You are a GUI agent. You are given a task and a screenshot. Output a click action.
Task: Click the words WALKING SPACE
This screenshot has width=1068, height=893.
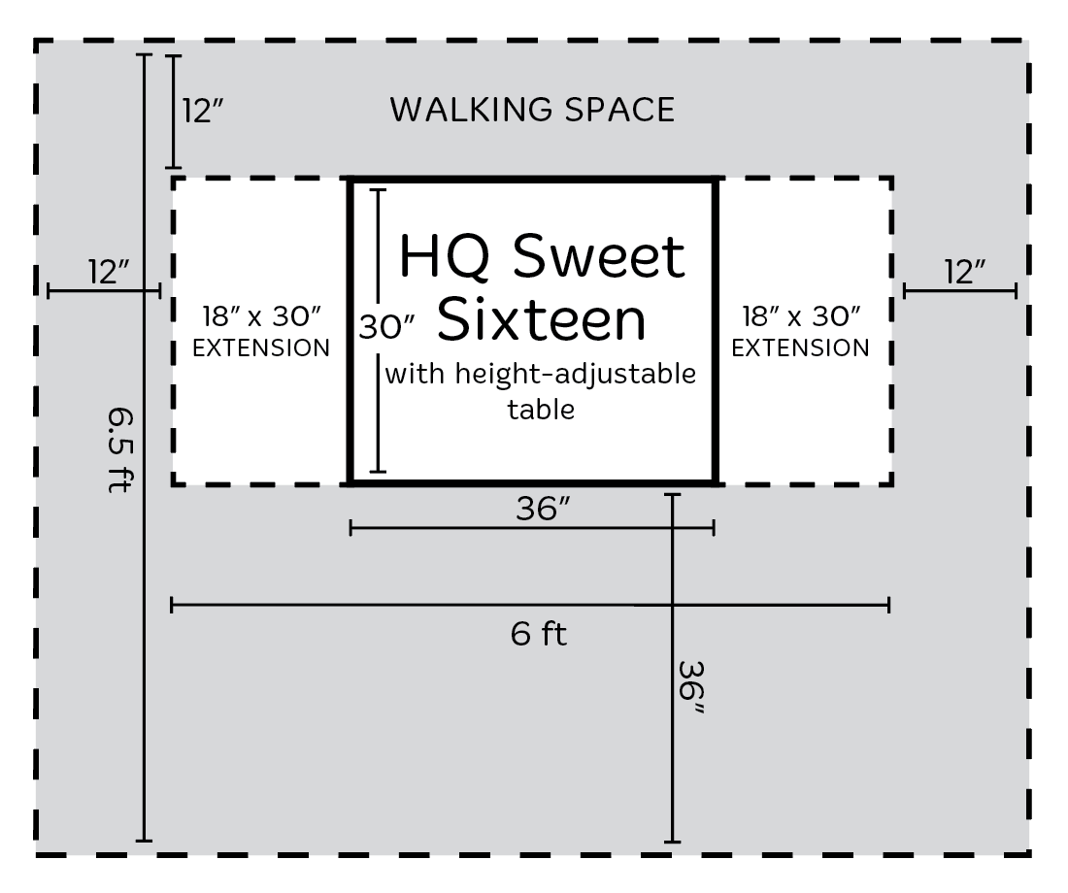(532, 110)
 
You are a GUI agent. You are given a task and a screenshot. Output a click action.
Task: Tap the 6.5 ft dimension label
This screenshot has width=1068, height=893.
(119, 449)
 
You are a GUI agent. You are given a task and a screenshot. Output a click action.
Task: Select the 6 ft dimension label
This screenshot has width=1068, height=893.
(538, 635)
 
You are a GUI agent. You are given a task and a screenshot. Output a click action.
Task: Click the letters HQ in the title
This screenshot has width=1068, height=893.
(444, 257)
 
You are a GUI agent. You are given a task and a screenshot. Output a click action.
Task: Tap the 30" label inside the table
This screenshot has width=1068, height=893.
(386, 327)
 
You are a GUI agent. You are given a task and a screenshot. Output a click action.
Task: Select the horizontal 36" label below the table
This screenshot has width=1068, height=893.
(542, 509)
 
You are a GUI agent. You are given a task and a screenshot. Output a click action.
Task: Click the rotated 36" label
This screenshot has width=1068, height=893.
(690, 688)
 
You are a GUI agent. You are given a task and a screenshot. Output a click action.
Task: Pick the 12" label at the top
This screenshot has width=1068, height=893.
(202, 111)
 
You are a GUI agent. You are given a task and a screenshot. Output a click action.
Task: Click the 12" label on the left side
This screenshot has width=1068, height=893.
(109, 272)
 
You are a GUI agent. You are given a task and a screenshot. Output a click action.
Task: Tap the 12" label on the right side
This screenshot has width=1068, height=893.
(964, 272)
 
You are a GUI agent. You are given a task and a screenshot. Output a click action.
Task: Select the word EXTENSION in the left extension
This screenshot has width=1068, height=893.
(261, 348)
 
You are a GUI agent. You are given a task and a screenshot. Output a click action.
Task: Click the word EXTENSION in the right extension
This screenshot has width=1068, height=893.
(800, 348)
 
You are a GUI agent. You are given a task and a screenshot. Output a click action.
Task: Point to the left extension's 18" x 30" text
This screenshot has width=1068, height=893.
(261, 316)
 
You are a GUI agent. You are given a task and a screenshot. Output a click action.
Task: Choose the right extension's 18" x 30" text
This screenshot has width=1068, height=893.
(800, 316)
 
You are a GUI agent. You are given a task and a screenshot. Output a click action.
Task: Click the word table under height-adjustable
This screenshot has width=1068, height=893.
(541, 410)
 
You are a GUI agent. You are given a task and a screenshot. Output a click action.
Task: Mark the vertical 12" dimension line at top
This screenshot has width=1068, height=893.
(174, 112)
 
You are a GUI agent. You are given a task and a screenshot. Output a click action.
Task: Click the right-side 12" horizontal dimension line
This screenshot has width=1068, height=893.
(959, 291)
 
